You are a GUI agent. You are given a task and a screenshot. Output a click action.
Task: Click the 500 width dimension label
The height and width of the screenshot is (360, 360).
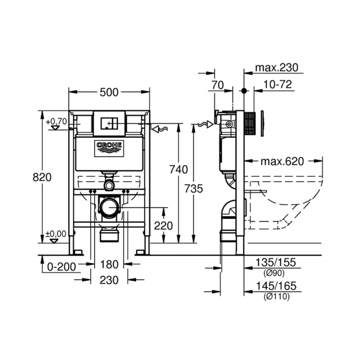pyautogui.click(x=109, y=92)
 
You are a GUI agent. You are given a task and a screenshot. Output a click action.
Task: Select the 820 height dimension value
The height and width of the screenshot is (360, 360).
pyautogui.click(x=42, y=177)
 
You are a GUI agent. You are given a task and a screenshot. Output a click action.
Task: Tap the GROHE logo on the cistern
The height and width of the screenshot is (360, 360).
pyautogui.click(x=109, y=147)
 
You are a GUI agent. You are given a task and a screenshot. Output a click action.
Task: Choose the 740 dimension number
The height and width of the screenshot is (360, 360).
pyautogui.click(x=178, y=169)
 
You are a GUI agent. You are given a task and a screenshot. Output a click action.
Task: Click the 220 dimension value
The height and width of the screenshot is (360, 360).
pyautogui.click(x=163, y=225)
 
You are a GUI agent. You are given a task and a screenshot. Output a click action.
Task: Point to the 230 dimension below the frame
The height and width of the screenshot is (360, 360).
pyautogui.click(x=109, y=280)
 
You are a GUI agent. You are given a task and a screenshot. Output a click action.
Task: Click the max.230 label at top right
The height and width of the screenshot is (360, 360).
pyautogui.click(x=276, y=68)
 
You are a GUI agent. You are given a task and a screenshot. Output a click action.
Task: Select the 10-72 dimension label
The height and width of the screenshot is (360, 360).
pyautogui.click(x=278, y=85)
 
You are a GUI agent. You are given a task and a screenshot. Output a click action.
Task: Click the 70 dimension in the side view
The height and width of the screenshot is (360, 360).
pyautogui.click(x=217, y=85)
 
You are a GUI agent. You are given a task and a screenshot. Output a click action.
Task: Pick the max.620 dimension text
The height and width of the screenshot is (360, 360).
pyautogui.click(x=282, y=162)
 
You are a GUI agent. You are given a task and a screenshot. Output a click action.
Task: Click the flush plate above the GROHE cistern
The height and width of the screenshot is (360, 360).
pyautogui.click(x=109, y=122)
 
